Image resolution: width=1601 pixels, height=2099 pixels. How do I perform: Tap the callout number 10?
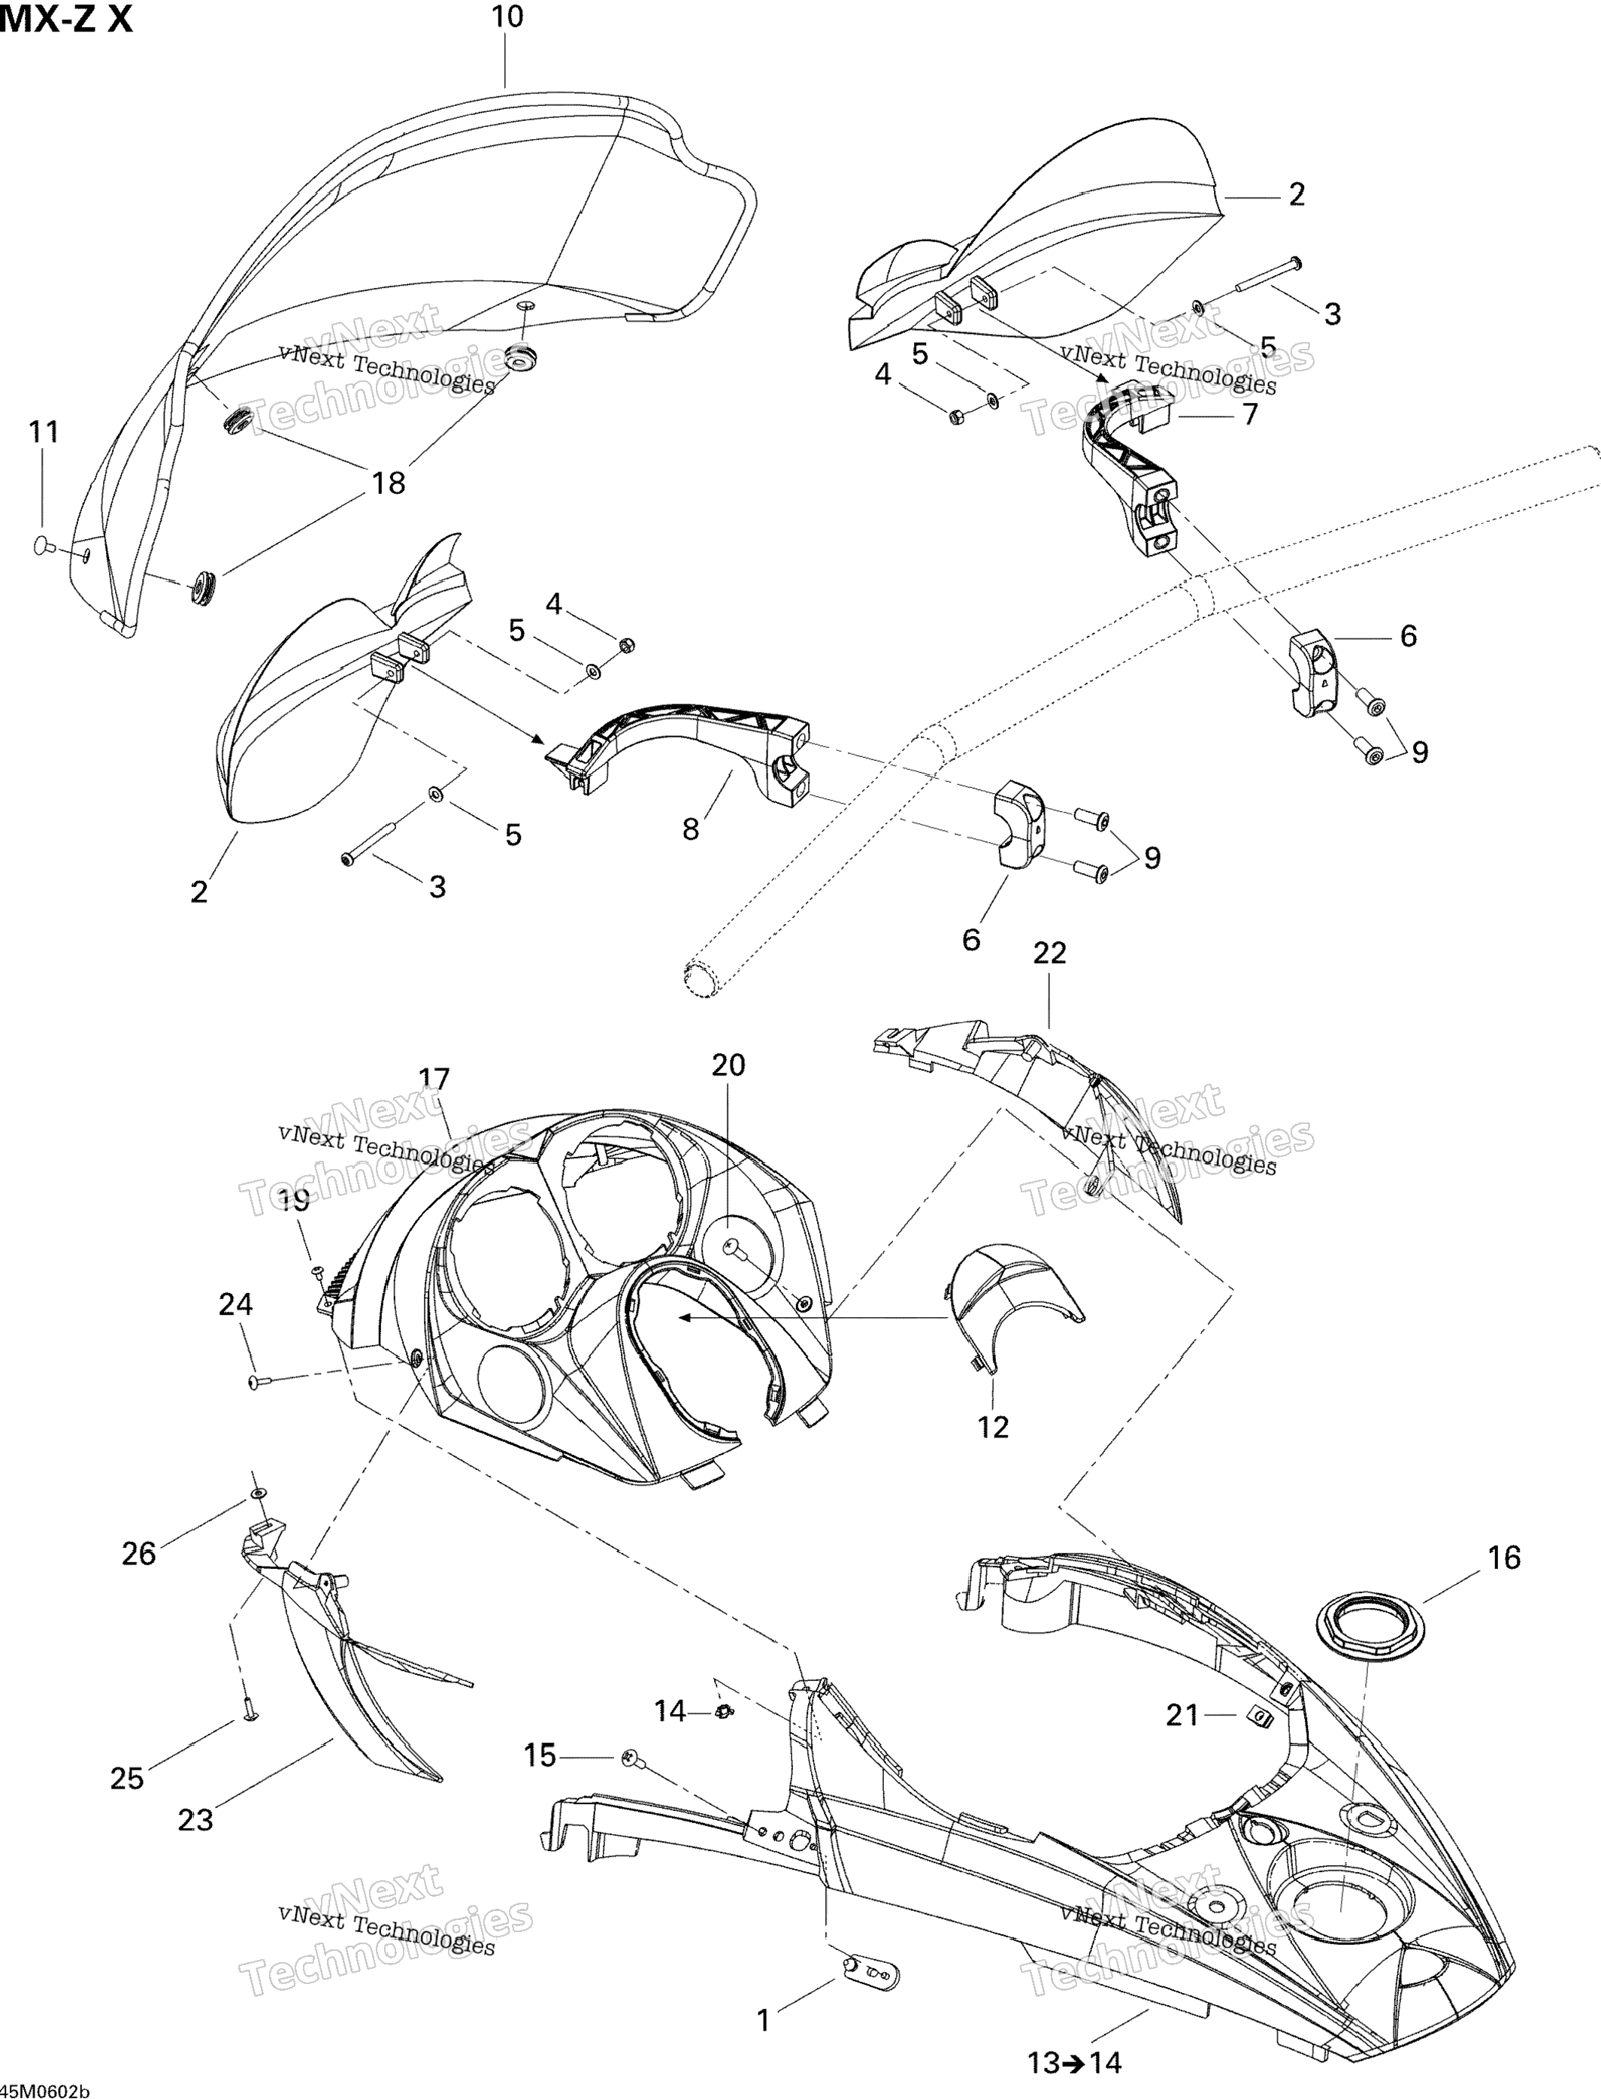click(x=507, y=17)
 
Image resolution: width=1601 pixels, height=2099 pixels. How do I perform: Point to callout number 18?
click(x=389, y=483)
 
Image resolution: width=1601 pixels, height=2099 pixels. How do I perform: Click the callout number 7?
click(x=1249, y=415)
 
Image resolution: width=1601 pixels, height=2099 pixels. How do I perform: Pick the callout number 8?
click(x=691, y=828)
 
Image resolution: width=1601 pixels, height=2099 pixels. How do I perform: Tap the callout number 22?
click(x=1049, y=953)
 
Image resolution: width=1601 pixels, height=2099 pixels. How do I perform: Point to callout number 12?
click(x=992, y=1427)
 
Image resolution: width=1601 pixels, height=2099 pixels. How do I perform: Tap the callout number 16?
click(x=1504, y=1558)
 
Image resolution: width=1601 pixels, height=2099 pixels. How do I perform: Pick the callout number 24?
click(x=235, y=1304)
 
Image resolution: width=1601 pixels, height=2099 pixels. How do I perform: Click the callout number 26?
click(x=138, y=1554)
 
